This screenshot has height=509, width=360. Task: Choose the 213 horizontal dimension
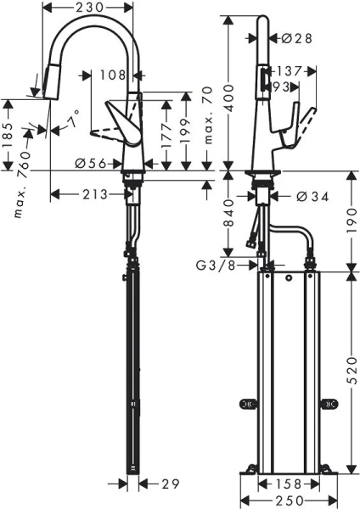97,193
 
